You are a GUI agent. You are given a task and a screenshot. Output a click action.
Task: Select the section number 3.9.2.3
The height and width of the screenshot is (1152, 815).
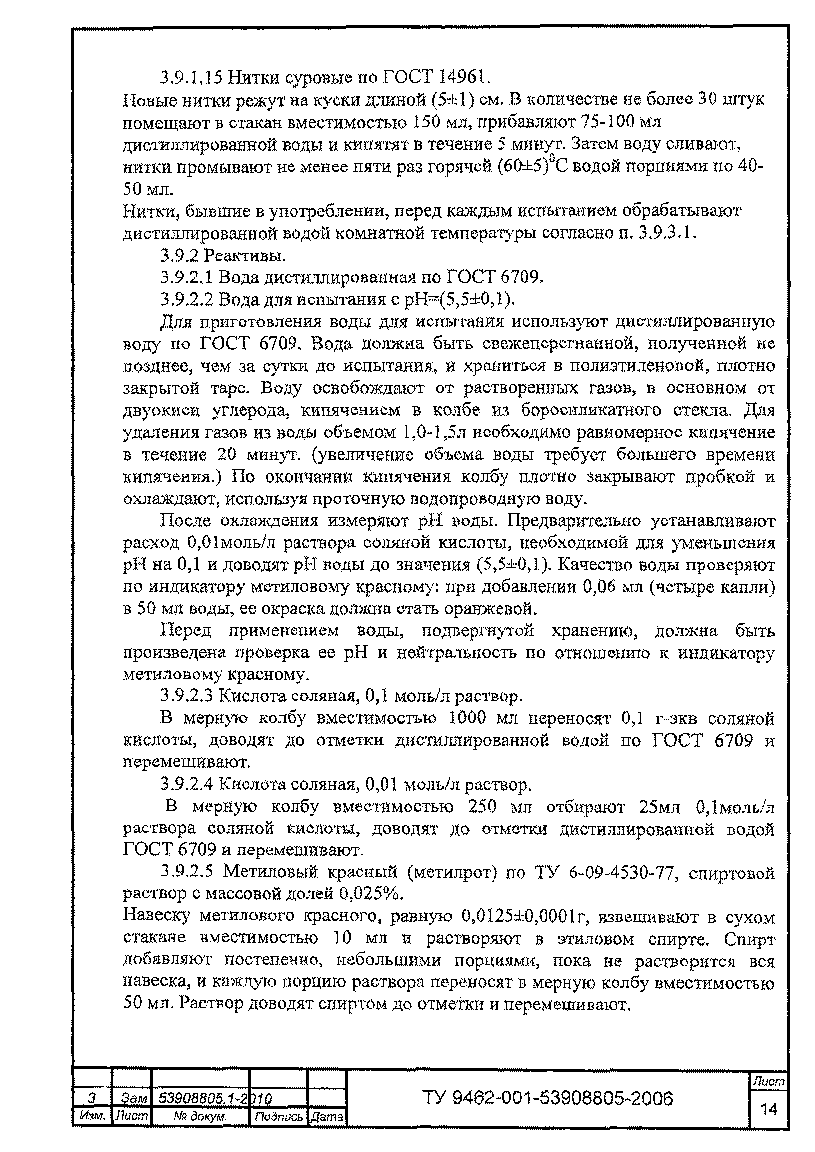(187, 697)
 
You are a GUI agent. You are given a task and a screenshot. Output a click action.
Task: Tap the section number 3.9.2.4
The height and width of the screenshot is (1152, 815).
(187, 784)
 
